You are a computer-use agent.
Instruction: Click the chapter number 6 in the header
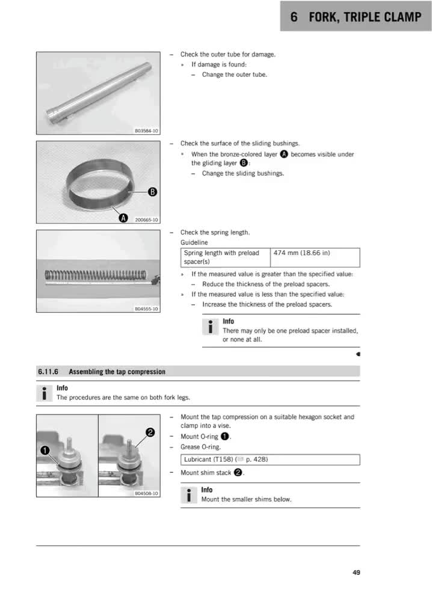click(294, 17)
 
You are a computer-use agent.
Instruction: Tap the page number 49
click(356, 573)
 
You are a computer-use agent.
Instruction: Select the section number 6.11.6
click(48, 372)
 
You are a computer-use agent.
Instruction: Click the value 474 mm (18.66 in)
click(302, 253)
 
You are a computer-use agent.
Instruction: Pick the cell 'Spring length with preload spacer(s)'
click(226, 257)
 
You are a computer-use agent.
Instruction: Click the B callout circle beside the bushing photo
click(152, 192)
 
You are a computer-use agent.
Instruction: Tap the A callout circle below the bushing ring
click(123, 218)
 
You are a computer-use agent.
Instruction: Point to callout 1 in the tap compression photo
click(45, 450)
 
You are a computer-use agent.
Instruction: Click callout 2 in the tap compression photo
click(150, 432)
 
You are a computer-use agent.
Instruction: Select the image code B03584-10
click(146, 131)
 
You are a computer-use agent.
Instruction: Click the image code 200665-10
click(146, 220)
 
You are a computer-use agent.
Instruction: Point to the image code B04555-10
click(146, 309)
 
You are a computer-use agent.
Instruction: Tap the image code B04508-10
click(146, 493)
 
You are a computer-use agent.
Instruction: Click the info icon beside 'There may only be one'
click(211, 327)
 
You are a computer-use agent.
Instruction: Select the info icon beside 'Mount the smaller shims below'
click(189, 496)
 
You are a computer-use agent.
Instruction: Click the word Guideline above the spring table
click(194, 242)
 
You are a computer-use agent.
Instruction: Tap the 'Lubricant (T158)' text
click(209, 459)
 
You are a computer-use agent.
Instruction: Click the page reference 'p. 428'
click(256, 459)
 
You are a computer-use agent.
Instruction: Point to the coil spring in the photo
click(96, 275)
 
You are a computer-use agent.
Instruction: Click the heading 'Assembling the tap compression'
click(117, 372)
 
